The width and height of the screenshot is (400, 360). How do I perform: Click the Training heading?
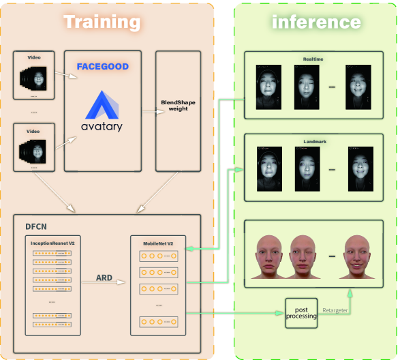102,22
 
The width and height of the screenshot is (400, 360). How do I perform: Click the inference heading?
316,22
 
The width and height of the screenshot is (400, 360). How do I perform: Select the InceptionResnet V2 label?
52,242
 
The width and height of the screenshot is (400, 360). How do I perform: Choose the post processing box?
301,314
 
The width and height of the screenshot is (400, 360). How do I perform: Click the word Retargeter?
335,310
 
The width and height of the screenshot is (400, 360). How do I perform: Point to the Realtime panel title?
313,60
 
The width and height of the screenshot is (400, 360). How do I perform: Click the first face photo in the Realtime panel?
268,87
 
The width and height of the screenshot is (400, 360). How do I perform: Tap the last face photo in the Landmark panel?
361,169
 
